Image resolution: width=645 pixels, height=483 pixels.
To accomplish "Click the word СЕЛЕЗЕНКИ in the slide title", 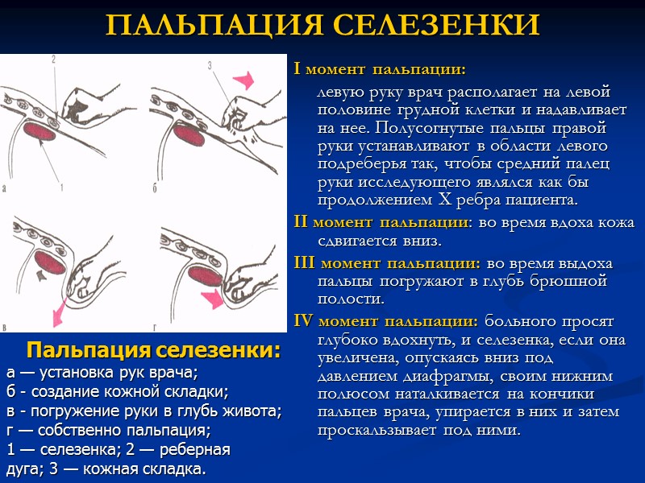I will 435,26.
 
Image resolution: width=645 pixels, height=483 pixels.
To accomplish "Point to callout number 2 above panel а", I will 52,60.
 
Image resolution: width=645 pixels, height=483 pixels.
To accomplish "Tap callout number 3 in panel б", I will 210,64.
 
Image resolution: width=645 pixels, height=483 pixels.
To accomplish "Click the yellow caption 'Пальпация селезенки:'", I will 154,351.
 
